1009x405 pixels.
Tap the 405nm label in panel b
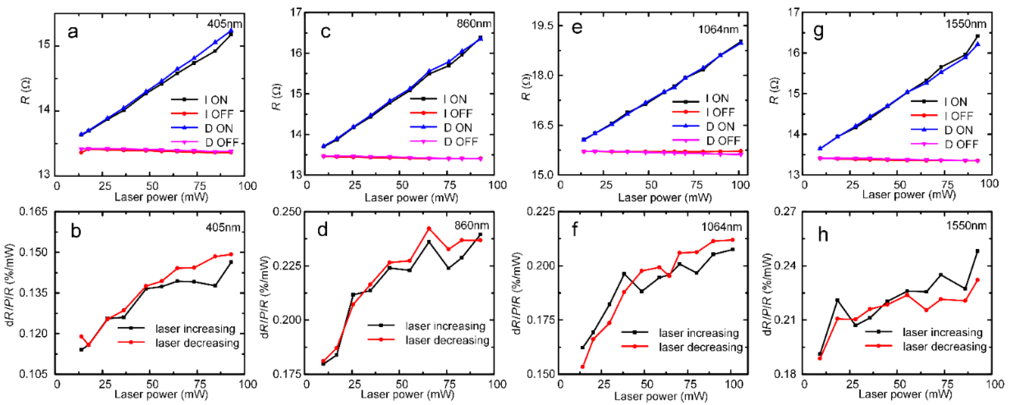[x=223, y=227]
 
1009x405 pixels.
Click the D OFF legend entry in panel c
[x=461, y=141]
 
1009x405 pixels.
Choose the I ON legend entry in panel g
[x=955, y=101]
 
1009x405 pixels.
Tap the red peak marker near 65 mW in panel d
[x=428, y=228]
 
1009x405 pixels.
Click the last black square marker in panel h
[x=977, y=251]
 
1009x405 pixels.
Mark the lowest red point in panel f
[x=582, y=367]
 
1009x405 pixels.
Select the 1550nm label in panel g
[x=966, y=24]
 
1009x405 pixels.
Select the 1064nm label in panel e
[x=718, y=29]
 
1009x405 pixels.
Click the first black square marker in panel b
[x=81, y=349]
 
